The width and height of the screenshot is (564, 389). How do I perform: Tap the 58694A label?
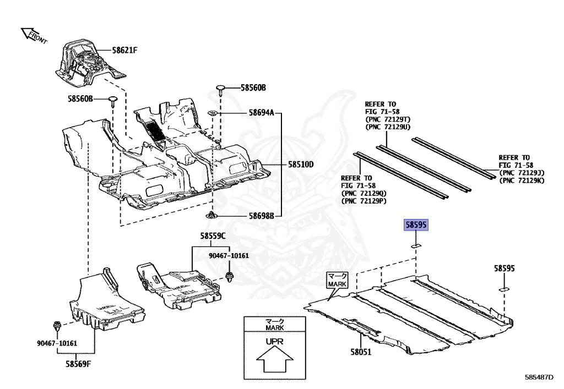point(261,113)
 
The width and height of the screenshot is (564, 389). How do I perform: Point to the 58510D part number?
point(300,164)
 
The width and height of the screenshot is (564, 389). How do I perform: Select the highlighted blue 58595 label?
point(417,225)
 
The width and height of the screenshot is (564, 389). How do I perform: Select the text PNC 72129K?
point(521,180)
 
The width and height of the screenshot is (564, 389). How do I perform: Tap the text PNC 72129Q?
point(364,193)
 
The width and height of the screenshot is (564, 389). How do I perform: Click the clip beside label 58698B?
point(212,215)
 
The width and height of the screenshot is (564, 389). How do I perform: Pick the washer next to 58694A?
point(213,113)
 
